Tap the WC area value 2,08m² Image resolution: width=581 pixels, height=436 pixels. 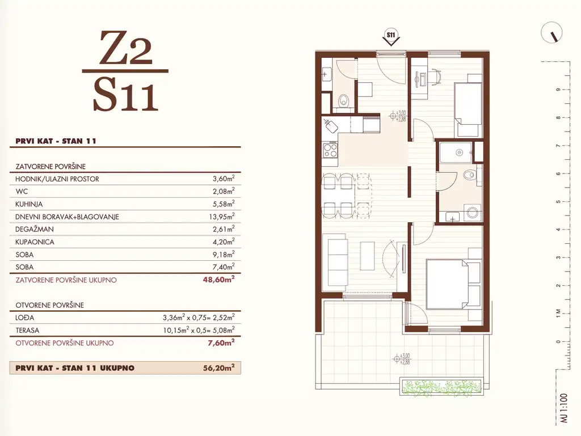click(224, 191)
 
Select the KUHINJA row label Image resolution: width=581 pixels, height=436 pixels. click(29, 204)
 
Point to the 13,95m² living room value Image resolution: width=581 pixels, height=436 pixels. click(222, 217)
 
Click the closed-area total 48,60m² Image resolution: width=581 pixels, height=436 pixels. click(218, 280)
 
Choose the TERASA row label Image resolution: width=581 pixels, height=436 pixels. click(27, 330)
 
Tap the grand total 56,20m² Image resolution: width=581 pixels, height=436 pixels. click(218, 368)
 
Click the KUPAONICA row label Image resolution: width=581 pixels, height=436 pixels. click(35, 242)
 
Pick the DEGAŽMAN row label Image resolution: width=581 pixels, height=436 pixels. click(35, 230)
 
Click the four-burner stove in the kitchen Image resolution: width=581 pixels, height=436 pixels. click(330, 150)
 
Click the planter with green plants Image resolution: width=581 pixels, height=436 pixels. click(441, 387)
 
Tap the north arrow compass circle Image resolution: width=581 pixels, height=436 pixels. click(551, 32)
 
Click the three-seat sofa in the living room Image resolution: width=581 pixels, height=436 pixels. click(335, 262)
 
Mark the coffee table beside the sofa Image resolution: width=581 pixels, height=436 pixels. click(367, 256)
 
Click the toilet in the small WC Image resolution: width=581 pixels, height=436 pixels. click(344, 100)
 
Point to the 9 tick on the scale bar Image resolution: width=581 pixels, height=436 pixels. click(558, 90)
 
